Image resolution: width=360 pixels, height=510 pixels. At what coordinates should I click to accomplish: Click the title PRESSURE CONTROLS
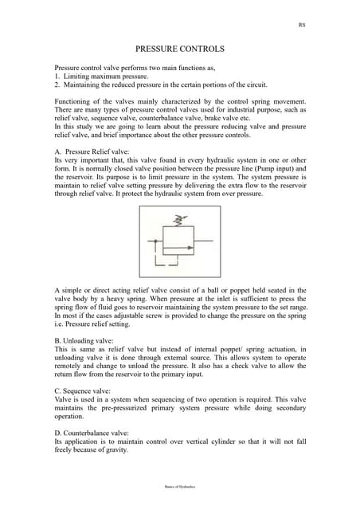tap(179, 49)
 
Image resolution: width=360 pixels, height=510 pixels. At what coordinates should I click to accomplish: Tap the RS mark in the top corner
tap(301, 25)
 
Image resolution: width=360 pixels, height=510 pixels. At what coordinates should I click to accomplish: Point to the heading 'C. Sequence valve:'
tap(85, 392)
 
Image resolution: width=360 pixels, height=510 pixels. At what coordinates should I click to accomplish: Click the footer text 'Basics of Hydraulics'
tap(179, 485)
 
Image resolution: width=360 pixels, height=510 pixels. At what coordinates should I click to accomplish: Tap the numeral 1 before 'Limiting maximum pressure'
tap(57, 75)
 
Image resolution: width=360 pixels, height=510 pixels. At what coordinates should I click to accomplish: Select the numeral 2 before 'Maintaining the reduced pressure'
tap(57, 84)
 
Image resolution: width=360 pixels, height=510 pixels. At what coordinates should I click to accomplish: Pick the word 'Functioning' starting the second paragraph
tap(73, 101)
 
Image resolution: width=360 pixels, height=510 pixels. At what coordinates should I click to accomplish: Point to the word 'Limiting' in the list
tap(78, 75)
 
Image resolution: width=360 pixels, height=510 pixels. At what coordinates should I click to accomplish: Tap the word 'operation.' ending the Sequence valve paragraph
tap(69, 416)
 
